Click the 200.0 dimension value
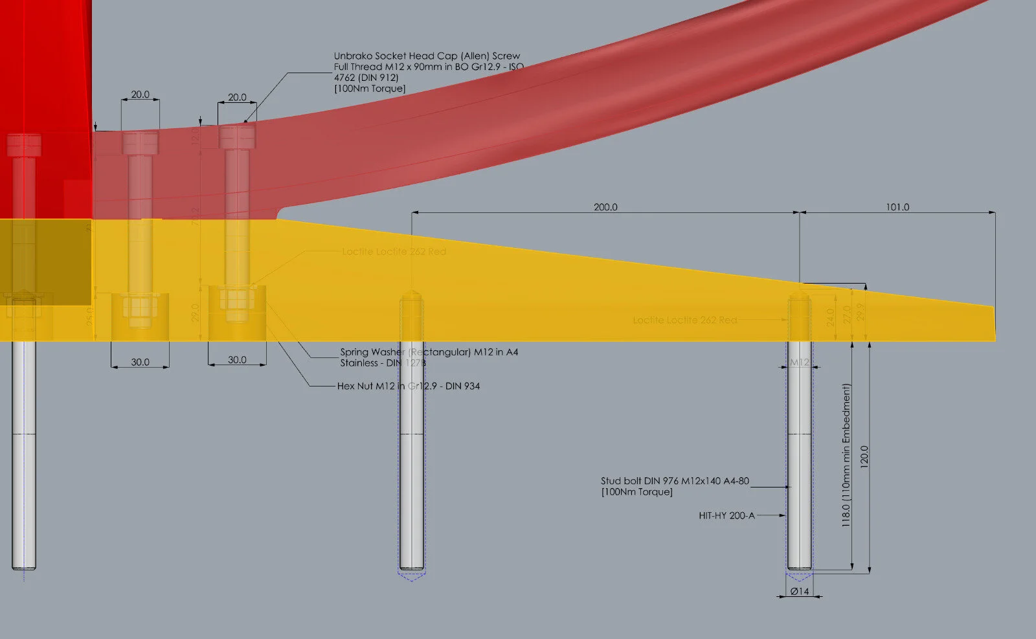[605, 207]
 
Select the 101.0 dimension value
[897, 207]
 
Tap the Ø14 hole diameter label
[800, 591]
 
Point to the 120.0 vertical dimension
[864, 457]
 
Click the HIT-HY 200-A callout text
[726, 515]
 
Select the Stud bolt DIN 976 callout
[675, 486]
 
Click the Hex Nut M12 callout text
[408, 386]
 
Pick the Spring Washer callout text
[429, 357]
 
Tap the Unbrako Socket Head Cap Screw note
[428, 72]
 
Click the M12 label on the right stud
[800, 363]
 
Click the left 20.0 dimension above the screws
[140, 95]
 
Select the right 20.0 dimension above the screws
[237, 97]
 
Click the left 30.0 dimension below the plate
[140, 362]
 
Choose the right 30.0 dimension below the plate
[237, 359]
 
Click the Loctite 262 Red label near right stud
[684, 320]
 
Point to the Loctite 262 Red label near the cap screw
[394, 251]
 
